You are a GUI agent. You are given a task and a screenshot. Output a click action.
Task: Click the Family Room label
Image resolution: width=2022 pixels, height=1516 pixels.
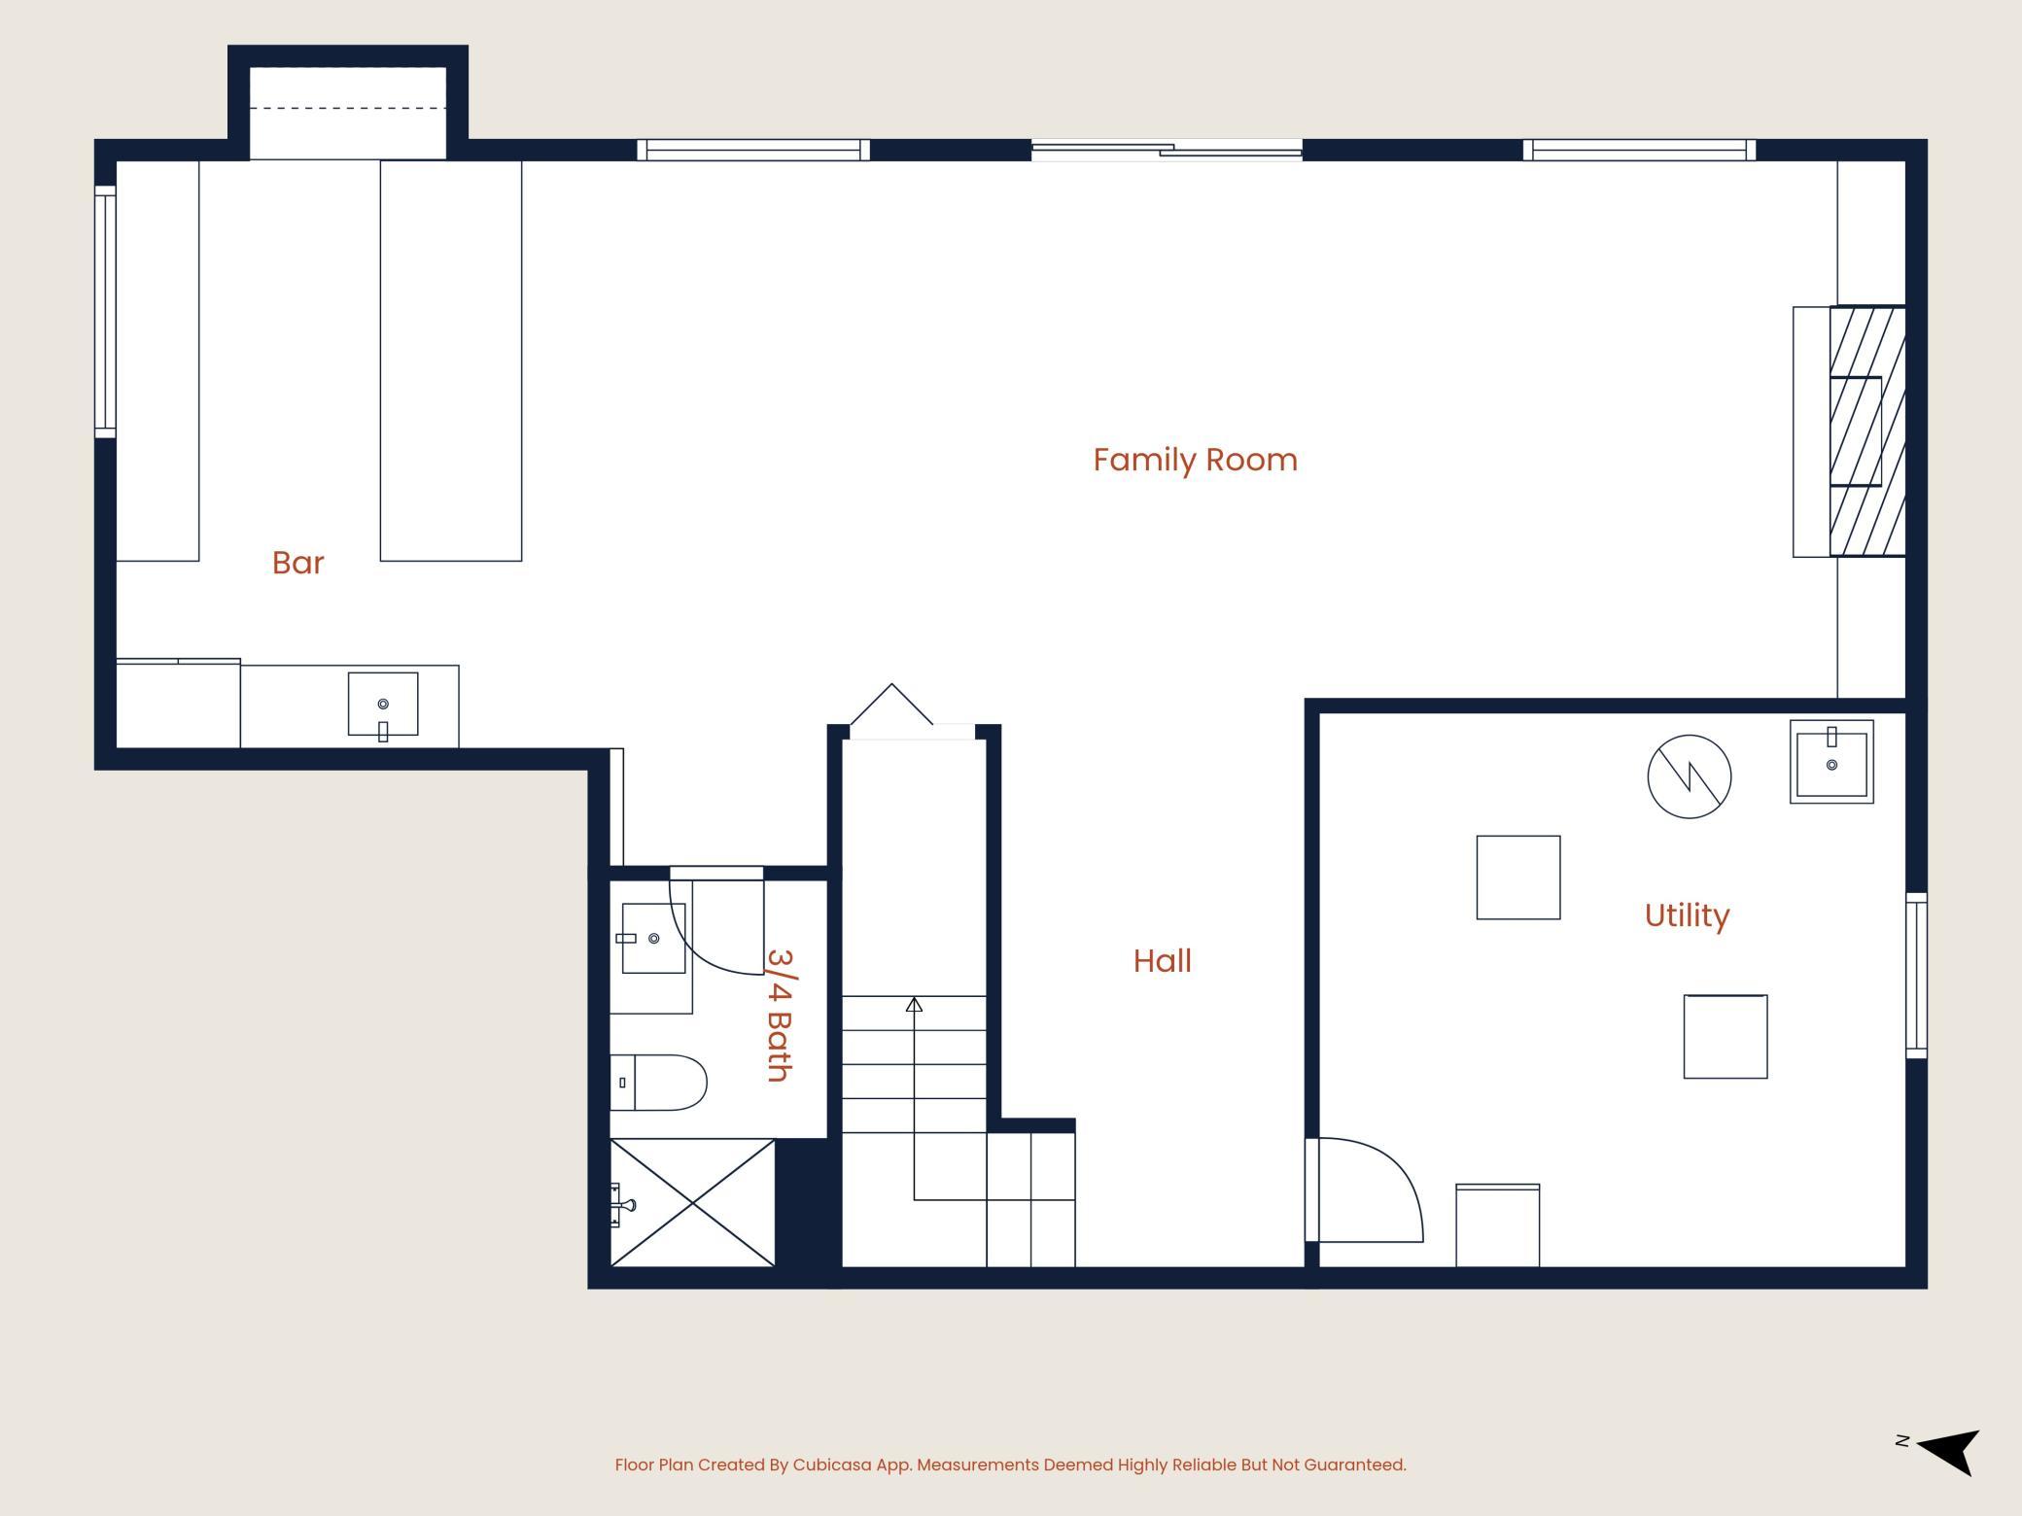[1195, 460]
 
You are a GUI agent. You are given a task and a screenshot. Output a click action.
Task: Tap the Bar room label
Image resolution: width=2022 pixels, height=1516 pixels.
[297, 563]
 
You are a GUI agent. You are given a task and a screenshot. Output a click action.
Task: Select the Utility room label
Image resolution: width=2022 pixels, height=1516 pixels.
[1687, 915]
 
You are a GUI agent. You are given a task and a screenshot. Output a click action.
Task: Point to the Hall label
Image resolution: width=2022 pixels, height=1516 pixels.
[1162, 961]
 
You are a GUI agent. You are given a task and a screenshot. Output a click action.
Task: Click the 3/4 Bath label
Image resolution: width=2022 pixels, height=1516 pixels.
[780, 1016]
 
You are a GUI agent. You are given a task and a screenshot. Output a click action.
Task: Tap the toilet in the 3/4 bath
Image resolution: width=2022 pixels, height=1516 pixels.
[658, 1083]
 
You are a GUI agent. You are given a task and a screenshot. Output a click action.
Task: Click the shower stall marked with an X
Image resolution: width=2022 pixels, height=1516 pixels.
[692, 1203]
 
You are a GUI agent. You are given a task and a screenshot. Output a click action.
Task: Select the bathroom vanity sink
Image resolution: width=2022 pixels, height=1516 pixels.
[653, 938]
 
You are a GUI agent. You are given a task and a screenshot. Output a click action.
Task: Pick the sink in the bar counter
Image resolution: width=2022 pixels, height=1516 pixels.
[383, 705]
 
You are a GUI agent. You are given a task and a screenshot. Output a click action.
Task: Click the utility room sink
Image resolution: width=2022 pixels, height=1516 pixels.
[1831, 762]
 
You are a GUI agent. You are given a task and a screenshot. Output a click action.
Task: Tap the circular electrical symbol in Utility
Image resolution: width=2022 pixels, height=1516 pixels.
[1690, 776]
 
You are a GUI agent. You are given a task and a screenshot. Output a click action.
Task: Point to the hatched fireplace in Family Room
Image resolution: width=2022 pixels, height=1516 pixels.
[1866, 431]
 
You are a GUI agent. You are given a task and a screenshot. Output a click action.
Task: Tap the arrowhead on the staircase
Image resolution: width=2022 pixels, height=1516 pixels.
[914, 1005]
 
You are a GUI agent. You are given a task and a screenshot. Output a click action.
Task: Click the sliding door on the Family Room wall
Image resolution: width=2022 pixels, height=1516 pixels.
[1167, 150]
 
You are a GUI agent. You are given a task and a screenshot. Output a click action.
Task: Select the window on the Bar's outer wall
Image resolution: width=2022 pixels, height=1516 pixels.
[105, 312]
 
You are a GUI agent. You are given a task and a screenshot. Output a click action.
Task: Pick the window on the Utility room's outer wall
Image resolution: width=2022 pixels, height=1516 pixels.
[1916, 976]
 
